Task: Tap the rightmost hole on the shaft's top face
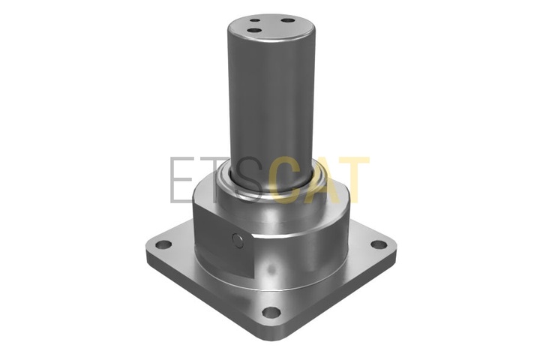(288, 20)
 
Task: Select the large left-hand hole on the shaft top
(255, 31)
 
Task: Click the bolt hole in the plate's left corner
(163, 245)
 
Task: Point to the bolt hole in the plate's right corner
(379, 244)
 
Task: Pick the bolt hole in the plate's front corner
(271, 312)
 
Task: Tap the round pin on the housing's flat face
(238, 241)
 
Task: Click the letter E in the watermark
(181, 180)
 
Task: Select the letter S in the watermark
(249, 180)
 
